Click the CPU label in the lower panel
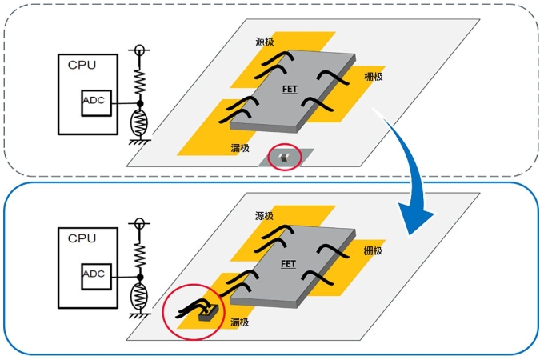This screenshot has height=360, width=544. coord(81,238)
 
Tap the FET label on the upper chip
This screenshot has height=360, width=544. coord(290,90)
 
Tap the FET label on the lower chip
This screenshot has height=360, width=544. coord(290,263)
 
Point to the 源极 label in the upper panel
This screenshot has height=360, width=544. coord(265,42)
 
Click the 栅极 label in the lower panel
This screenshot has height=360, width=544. coord(373,250)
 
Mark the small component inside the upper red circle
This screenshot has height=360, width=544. coord(282,158)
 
